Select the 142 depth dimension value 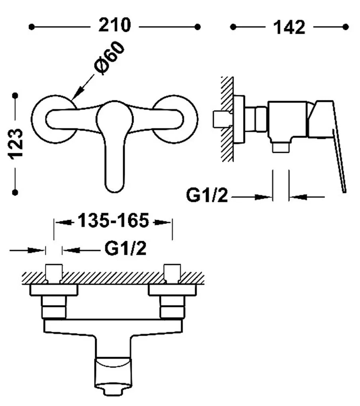pyautogui.click(x=289, y=27)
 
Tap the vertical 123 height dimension pyautogui.click(x=16, y=144)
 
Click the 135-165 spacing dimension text pyautogui.click(x=113, y=221)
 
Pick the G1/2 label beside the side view pyautogui.click(x=207, y=195)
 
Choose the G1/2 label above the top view pyautogui.click(x=125, y=248)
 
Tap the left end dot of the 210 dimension pyautogui.click(x=31, y=27)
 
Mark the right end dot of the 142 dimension pyautogui.click(x=345, y=27)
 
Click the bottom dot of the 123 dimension pyautogui.click(x=15, y=192)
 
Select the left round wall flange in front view pyautogui.click(x=54, y=119)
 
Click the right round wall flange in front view pyautogui.click(x=176, y=119)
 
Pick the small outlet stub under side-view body pyautogui.click(x=281, y=147)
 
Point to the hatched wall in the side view pyautogui.click(x=227, y=119)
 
